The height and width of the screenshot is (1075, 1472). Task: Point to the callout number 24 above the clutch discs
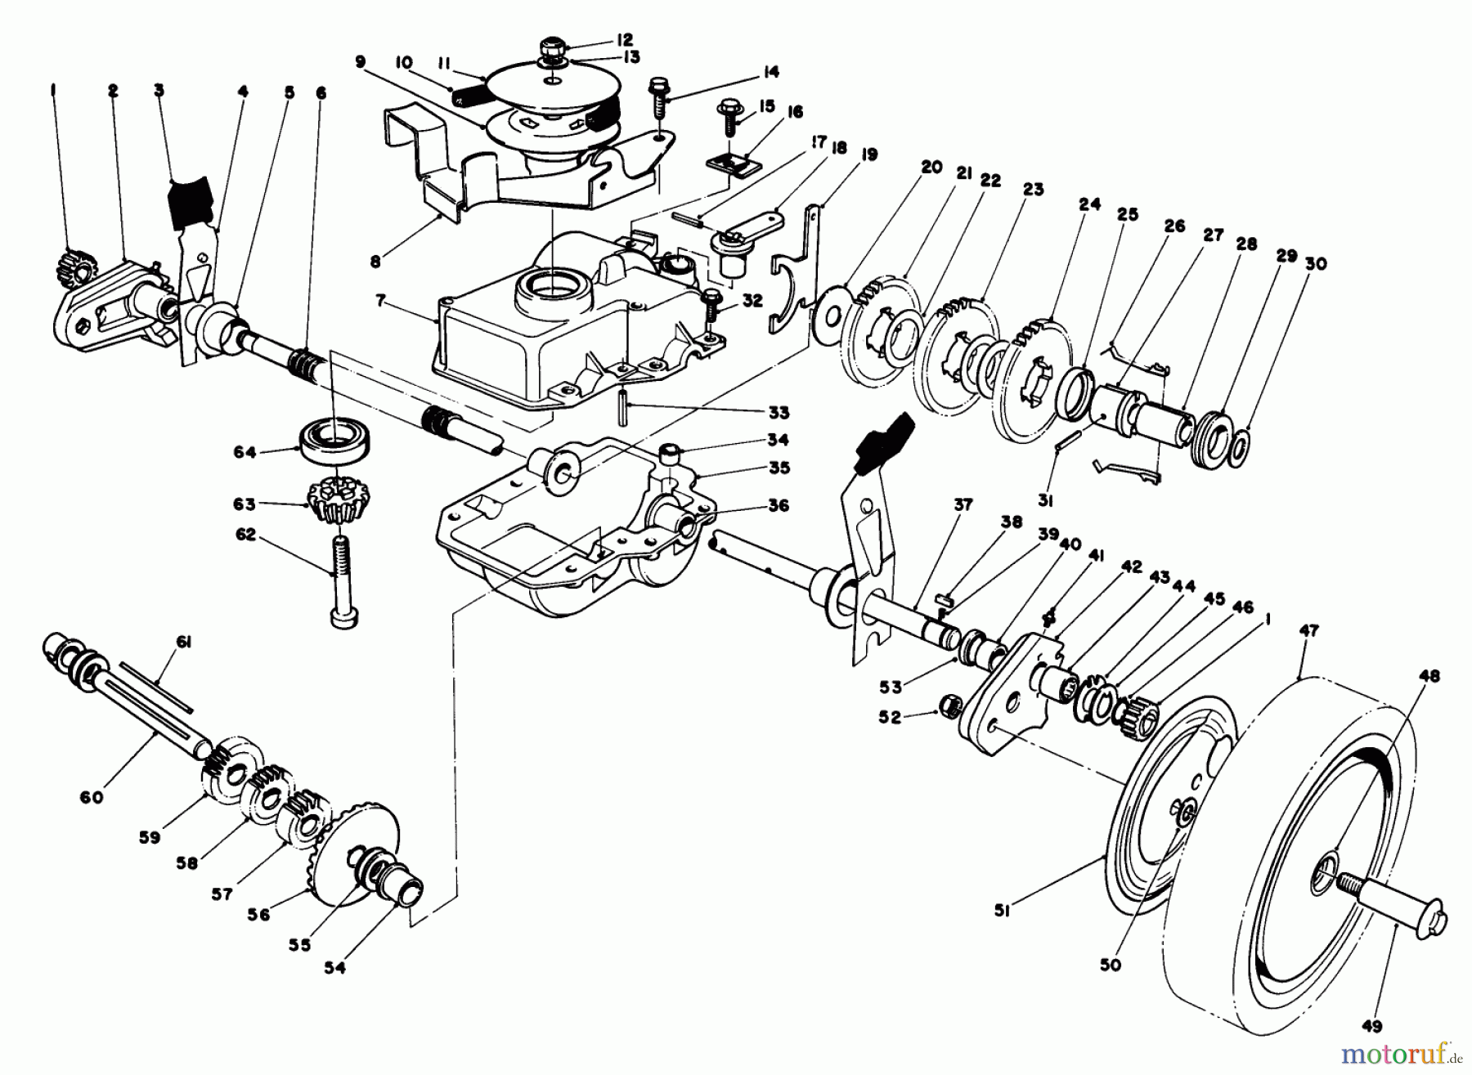pyautogui.click(x=1089, y=204)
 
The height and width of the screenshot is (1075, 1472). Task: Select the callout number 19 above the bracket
pyautogui.click(x=868, y=155)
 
